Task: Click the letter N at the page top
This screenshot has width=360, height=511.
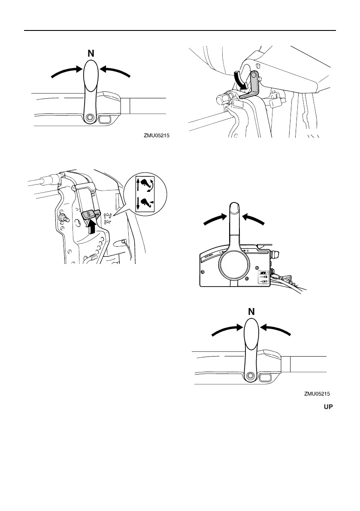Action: click(x=91, y=55)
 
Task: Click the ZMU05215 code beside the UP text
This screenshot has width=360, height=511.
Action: click(x=317, y=393)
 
